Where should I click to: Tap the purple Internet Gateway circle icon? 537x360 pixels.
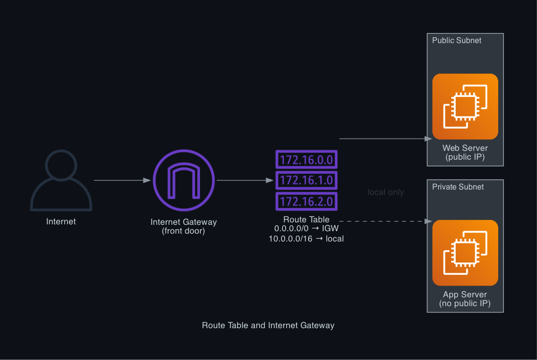point(184,180)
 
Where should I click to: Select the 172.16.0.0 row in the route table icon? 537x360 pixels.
point(306,160)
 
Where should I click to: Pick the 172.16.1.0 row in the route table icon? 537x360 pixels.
point(306,180)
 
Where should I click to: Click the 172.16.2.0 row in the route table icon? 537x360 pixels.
point(306,201)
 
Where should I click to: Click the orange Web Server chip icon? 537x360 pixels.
point(465,106)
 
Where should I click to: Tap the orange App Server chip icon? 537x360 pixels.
point(465,253)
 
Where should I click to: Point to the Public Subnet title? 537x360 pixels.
point(457,41)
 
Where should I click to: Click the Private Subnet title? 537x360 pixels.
point(458,187)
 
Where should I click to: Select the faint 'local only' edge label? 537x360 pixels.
point(386,192)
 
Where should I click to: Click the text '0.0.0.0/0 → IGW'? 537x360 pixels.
point(306,229)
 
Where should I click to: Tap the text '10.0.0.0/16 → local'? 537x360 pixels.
point(306,239)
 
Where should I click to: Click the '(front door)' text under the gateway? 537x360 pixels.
point(184,231)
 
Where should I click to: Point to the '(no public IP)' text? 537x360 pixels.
point(465,304)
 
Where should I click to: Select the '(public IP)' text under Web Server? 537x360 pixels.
point(465,157)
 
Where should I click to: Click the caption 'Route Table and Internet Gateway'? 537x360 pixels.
point(268,325)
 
